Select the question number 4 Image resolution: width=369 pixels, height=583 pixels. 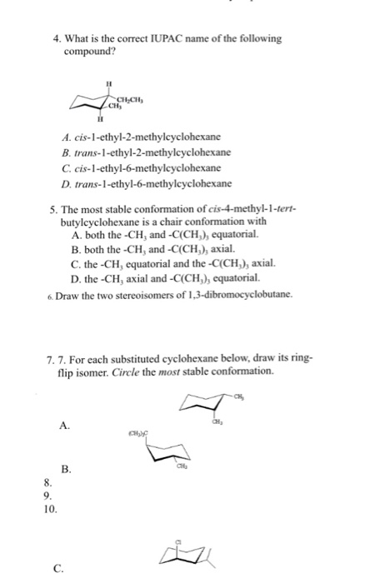[56, 38]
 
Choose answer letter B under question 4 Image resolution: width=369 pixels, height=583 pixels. [67, 153]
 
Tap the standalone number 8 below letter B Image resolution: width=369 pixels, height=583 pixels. [48, 483]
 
